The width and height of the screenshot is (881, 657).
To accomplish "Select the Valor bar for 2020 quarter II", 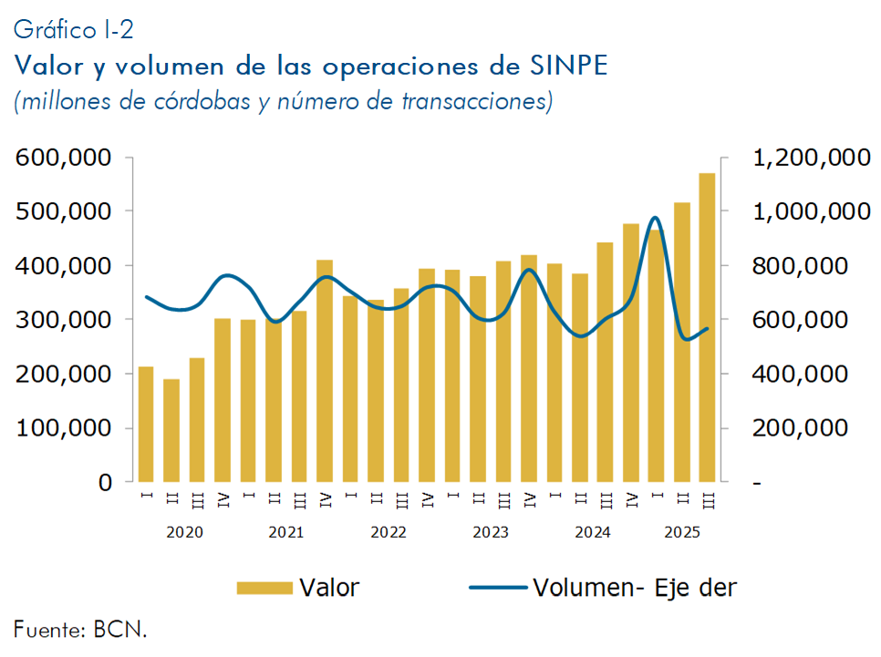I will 171,430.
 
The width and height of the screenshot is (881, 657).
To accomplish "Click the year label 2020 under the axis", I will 184,532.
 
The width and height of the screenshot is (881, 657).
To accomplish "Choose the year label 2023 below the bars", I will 491,532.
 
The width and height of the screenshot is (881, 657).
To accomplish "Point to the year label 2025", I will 681,532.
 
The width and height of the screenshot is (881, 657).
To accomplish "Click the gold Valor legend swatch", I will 264,588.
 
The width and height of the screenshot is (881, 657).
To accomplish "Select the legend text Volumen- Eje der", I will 634,588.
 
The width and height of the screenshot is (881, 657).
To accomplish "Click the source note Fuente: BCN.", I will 80,628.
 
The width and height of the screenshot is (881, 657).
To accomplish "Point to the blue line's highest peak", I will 655,218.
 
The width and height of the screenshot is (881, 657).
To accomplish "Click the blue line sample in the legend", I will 498,588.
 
